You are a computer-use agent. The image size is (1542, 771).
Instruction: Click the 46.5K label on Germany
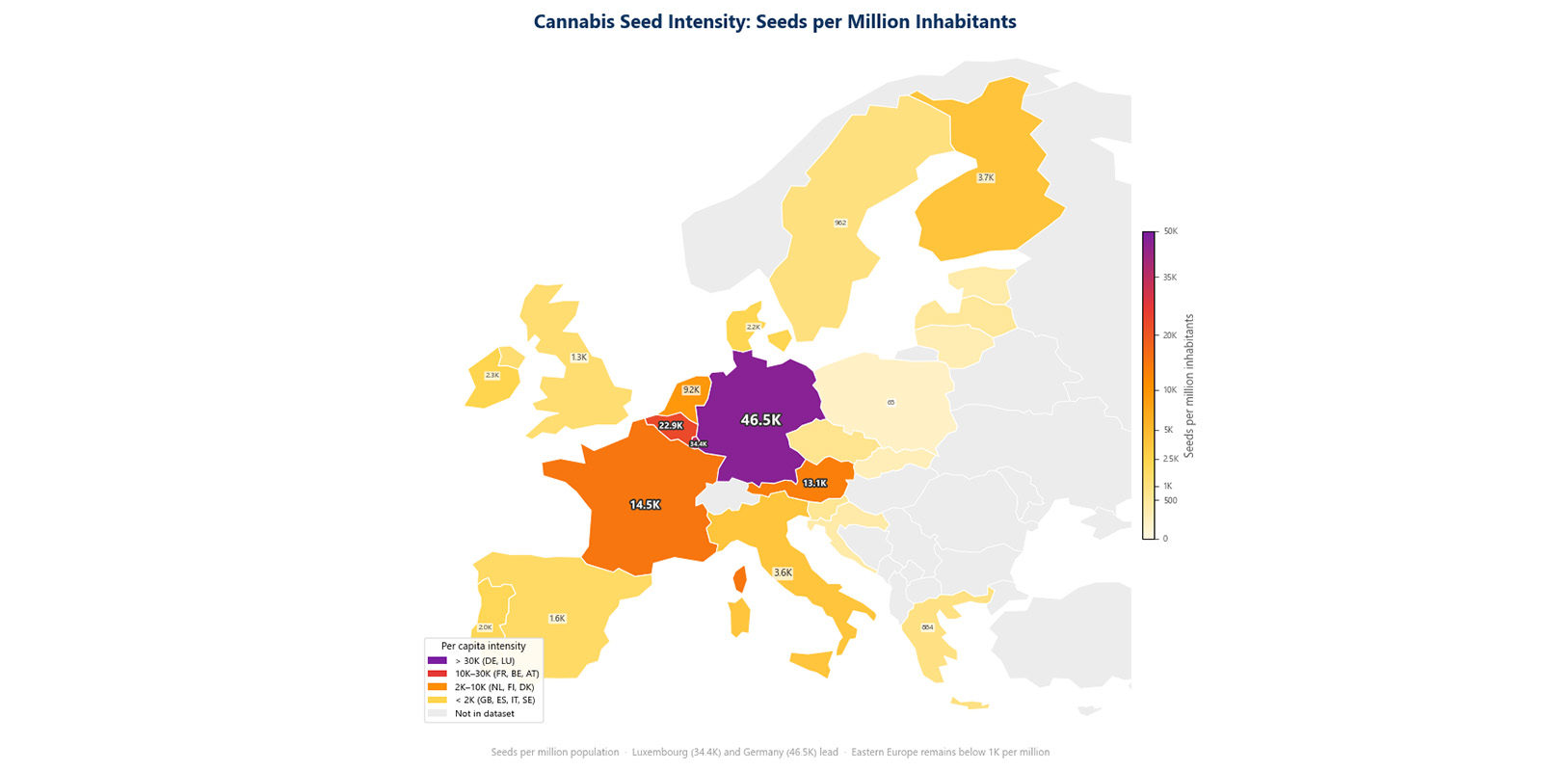tap(760, 420)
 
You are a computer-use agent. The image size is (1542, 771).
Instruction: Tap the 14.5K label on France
tap(645, 505)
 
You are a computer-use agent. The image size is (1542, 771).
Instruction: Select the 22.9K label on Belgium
tap(671, 425)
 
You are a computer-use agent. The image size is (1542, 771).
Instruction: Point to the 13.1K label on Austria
tap(814, 483)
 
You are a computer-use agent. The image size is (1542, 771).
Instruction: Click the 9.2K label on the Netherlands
tap(691, 390)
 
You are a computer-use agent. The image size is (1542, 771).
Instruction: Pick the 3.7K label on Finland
tap(985, 178)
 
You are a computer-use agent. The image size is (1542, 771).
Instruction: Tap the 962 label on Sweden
tap(840, 223)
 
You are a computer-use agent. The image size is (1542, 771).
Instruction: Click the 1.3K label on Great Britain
tap(578, 358)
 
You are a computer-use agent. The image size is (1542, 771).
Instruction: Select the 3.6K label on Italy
tap(783, 572)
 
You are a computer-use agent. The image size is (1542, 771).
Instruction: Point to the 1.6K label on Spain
tap(557, 619)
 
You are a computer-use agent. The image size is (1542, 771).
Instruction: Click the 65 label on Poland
tap(891, 402)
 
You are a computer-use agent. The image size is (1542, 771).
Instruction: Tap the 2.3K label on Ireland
tap(492, 376)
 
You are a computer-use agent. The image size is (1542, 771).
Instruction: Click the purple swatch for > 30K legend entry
tap(438, 661)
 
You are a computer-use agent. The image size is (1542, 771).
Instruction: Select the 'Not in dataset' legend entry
tap(484, 714)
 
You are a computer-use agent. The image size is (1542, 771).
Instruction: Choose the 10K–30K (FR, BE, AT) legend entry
tap(496, 674)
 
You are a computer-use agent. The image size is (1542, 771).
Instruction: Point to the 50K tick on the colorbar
tap(1170, 231)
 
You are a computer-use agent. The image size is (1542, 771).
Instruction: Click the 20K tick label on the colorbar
tap(1169, 335)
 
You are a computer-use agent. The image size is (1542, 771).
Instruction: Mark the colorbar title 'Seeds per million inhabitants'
tap(1189, 385)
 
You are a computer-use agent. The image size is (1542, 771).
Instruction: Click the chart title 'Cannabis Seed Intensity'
tap(774, 21)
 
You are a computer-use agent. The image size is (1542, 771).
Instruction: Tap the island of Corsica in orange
tap(739, 579)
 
